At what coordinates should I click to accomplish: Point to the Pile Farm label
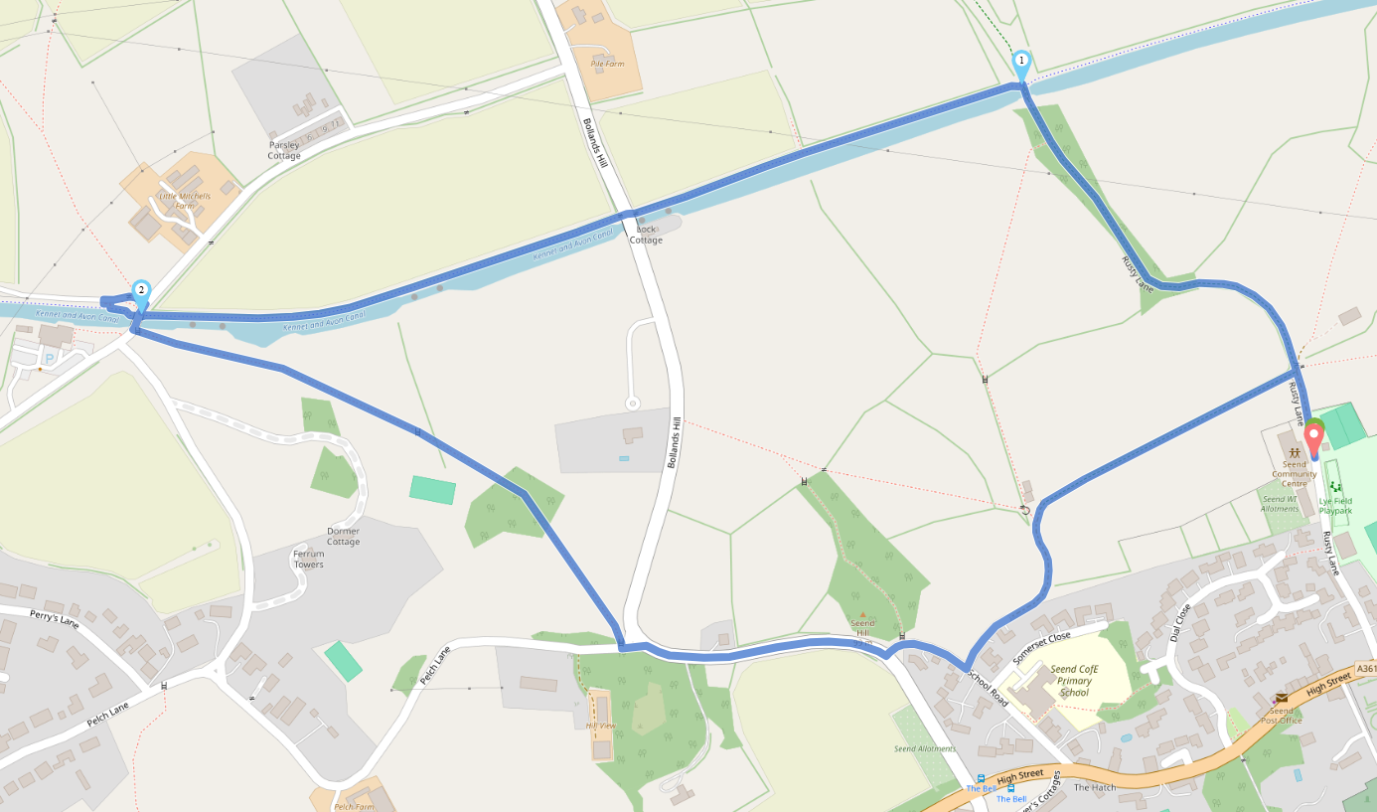[x=607, y=64]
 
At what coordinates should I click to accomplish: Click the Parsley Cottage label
[x=284, y=150]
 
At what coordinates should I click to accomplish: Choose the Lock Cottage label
[x=646, y=235]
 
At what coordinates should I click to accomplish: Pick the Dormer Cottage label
[x=343, y=536]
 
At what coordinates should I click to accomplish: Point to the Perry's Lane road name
[x=55, y=618]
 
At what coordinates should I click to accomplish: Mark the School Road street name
[x=989, y=687]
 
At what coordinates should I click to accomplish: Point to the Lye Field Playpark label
[x=1335, y=505]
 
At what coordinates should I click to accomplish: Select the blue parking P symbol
[x=49, y=358]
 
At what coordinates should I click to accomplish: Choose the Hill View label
[x=600, y=726]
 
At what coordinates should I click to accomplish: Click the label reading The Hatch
[x=1095, y=788]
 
